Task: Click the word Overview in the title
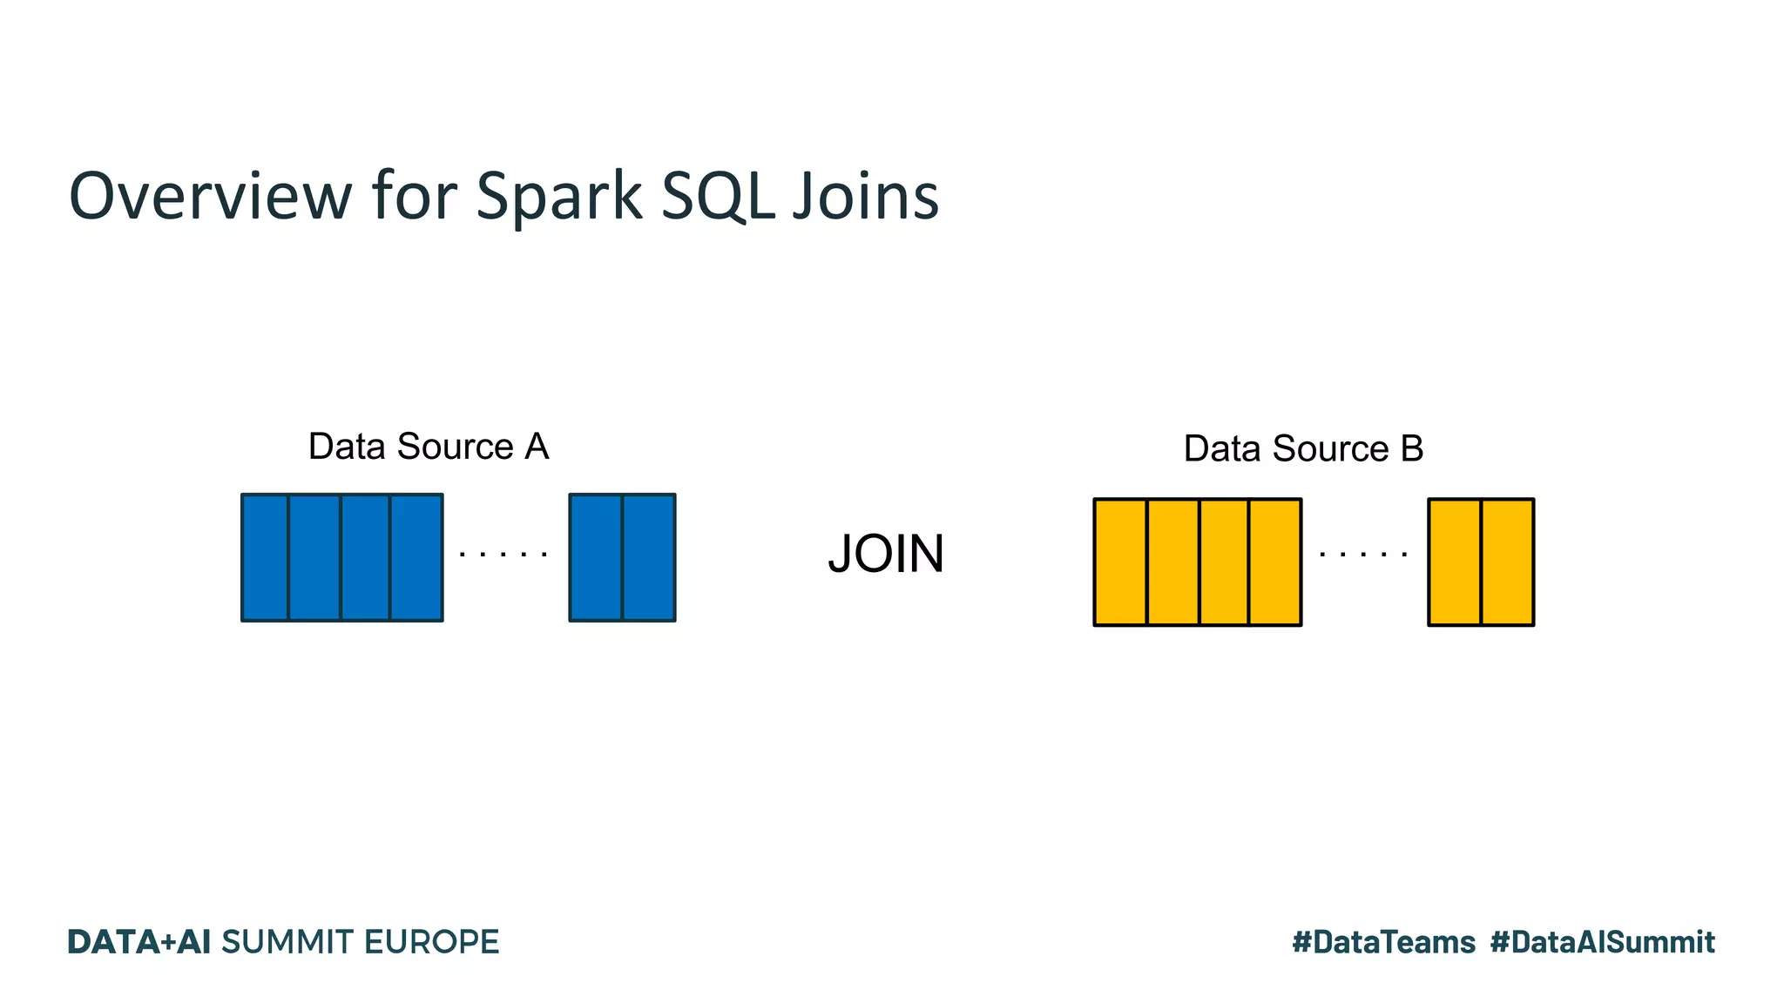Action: click(x=210, y=196)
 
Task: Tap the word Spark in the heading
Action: click(x=558, y=196)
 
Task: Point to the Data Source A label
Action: click(x=429, y=447)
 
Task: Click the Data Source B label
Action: click(x=1303, y=449)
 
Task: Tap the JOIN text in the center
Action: click(x=886, y=554)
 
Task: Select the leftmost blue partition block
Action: click(x=265, y=557)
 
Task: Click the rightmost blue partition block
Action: click(x=649, y=557)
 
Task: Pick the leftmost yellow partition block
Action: click(x=1120, y=562)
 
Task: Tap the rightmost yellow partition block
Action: click(x=1508, y=562)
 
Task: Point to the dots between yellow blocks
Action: click(x=1363, y=554)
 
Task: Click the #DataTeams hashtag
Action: click(x=1383, y=942)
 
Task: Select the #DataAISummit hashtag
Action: click(x=1602, y=942)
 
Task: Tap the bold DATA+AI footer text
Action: click(x=139, y=942)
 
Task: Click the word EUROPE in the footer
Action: click(x=431, y=942)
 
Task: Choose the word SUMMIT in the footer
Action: click(x=287, y=942)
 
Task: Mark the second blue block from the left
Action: click(x=314, y=557)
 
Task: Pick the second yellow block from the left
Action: click(x=1173, y=562)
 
